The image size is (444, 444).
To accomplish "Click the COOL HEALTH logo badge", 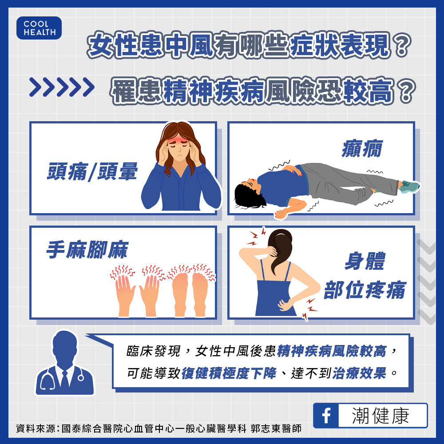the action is (39, 28).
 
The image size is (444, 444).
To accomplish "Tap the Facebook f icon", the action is (326, 416).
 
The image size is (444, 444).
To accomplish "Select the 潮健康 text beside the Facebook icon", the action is (381, 416).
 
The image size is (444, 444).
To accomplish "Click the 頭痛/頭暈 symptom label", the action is (92, 171).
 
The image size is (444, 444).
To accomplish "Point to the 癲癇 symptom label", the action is (362, 148).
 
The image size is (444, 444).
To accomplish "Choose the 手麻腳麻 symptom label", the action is (87, 250).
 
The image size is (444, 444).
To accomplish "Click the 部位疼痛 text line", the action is (365, 290).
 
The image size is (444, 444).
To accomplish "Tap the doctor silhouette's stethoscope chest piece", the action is (81, 377).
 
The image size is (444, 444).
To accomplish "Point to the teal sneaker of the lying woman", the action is (410, 186).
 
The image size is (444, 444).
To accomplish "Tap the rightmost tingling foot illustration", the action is (200, 294).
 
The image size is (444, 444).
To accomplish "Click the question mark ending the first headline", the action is (401, 45).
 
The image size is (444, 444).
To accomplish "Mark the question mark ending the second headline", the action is (406, 91).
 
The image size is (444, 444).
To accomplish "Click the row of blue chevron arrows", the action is (62, 87).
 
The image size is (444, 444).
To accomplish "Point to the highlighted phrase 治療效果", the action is (359, 373).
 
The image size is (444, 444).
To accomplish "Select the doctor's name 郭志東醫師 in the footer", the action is (276, 428).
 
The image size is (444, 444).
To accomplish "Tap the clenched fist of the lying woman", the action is (281, 214).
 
